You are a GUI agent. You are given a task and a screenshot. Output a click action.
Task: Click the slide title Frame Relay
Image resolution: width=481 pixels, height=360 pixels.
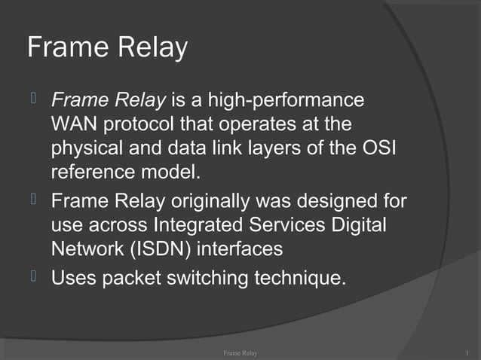(107, 48)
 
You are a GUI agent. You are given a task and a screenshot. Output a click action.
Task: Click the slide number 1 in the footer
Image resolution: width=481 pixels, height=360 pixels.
(468, 352)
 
